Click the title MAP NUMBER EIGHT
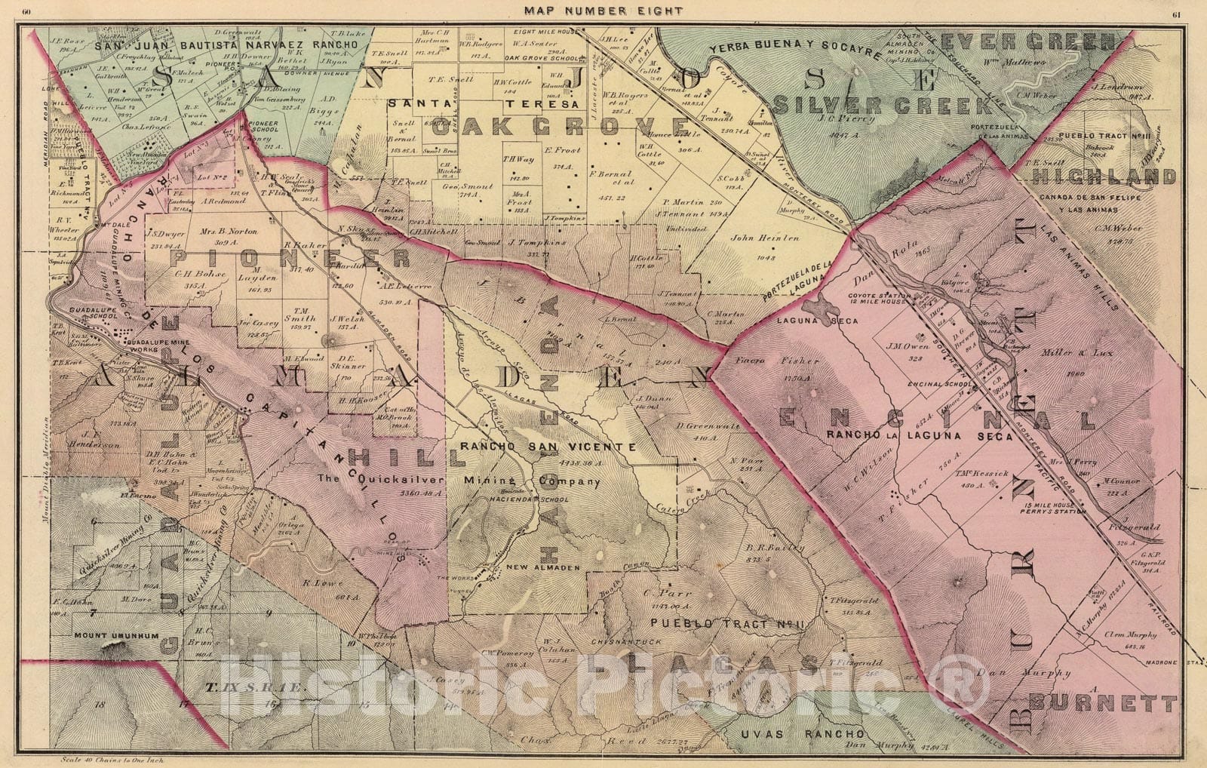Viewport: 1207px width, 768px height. (x=596, y=11)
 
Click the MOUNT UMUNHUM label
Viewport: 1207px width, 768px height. (x=116, y=636)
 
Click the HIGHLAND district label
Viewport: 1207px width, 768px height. (x=1104, y=177)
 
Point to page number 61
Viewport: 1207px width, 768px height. (x=1177, y=11)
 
